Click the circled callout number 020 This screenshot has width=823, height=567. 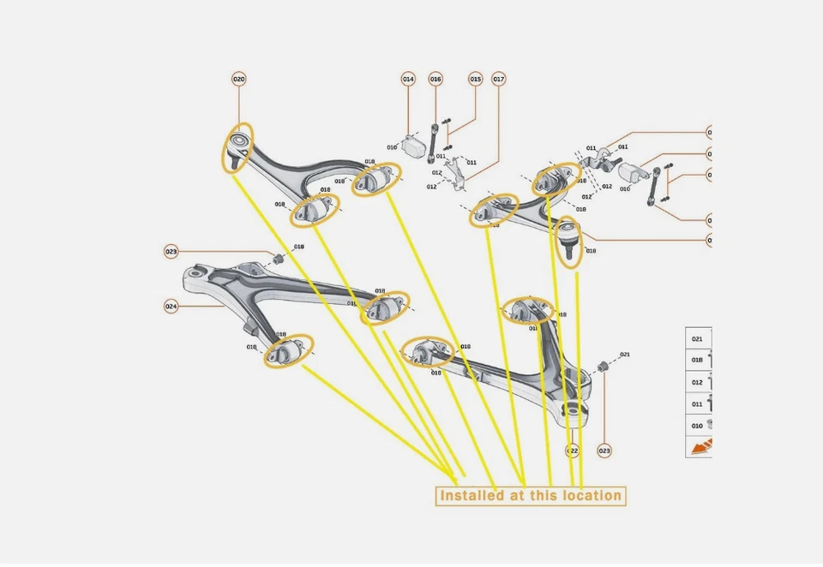(238, 79)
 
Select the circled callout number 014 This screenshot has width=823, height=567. (408, 79)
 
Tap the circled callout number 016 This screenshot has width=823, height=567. (436, 79)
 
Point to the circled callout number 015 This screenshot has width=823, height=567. (475, 79)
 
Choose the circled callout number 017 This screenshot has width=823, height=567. (498, 79)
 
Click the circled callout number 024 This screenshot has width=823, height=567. (171, 306)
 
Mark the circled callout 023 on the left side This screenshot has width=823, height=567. (171, 252)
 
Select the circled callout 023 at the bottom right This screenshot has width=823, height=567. (604, 451)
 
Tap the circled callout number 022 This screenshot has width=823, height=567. (573, 451)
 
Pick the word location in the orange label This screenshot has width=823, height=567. (591, 496)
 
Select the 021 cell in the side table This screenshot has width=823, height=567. (698, 339)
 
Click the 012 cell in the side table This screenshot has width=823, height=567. (698, 382)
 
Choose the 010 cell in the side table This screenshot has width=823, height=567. (698, 425)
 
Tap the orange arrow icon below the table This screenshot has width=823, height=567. (702, 446)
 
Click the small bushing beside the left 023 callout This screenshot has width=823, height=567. (279, 258)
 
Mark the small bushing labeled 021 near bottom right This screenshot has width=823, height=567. (602, 366)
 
